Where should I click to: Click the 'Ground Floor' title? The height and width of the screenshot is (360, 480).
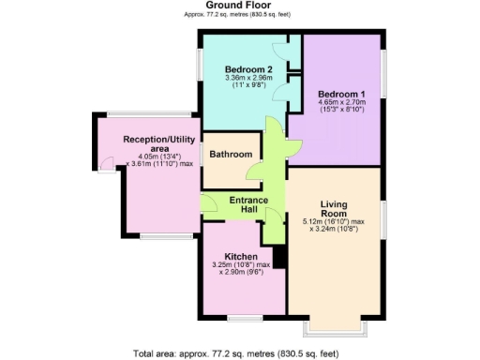pyautogui.click(x=239, y=6)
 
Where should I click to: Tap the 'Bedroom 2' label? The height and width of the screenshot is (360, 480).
pyautogui.click(x=249, y=68)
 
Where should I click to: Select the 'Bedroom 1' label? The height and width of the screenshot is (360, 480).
pyautogui.click(x=341, y=95)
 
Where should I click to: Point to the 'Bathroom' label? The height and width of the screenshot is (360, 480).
pyautogui.click(x=231, y=155)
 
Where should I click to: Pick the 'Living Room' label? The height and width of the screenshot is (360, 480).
pyautogui.click(x=334, y=209)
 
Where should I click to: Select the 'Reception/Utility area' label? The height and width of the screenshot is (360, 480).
pyautogui.click(x=157, y=142)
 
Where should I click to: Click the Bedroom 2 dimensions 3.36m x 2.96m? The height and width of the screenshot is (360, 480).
pyautogui.click(x=248, y=81)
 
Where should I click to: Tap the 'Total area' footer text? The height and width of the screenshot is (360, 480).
pyautogui.click(x=239, y=352)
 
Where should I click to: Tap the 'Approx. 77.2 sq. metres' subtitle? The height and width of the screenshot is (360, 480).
pyautogui.click(x=239, y=17)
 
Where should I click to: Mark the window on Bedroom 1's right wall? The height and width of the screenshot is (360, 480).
pyautogui.click(x=382, y=71)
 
